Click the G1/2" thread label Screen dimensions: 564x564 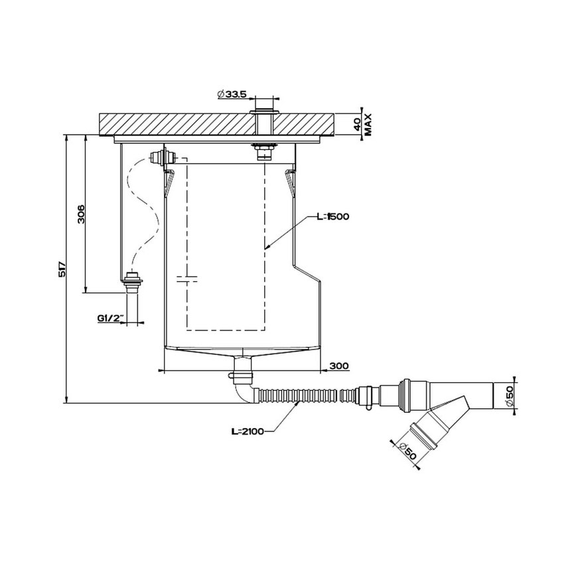tap(109, 318)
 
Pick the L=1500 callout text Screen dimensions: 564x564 tap(332, 216)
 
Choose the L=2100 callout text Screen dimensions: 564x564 tap(248, 431)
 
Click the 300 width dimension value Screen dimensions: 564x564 tap(339, 366)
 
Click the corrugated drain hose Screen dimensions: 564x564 tap(299, 397)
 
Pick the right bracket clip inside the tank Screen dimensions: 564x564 tap(289, 180)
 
